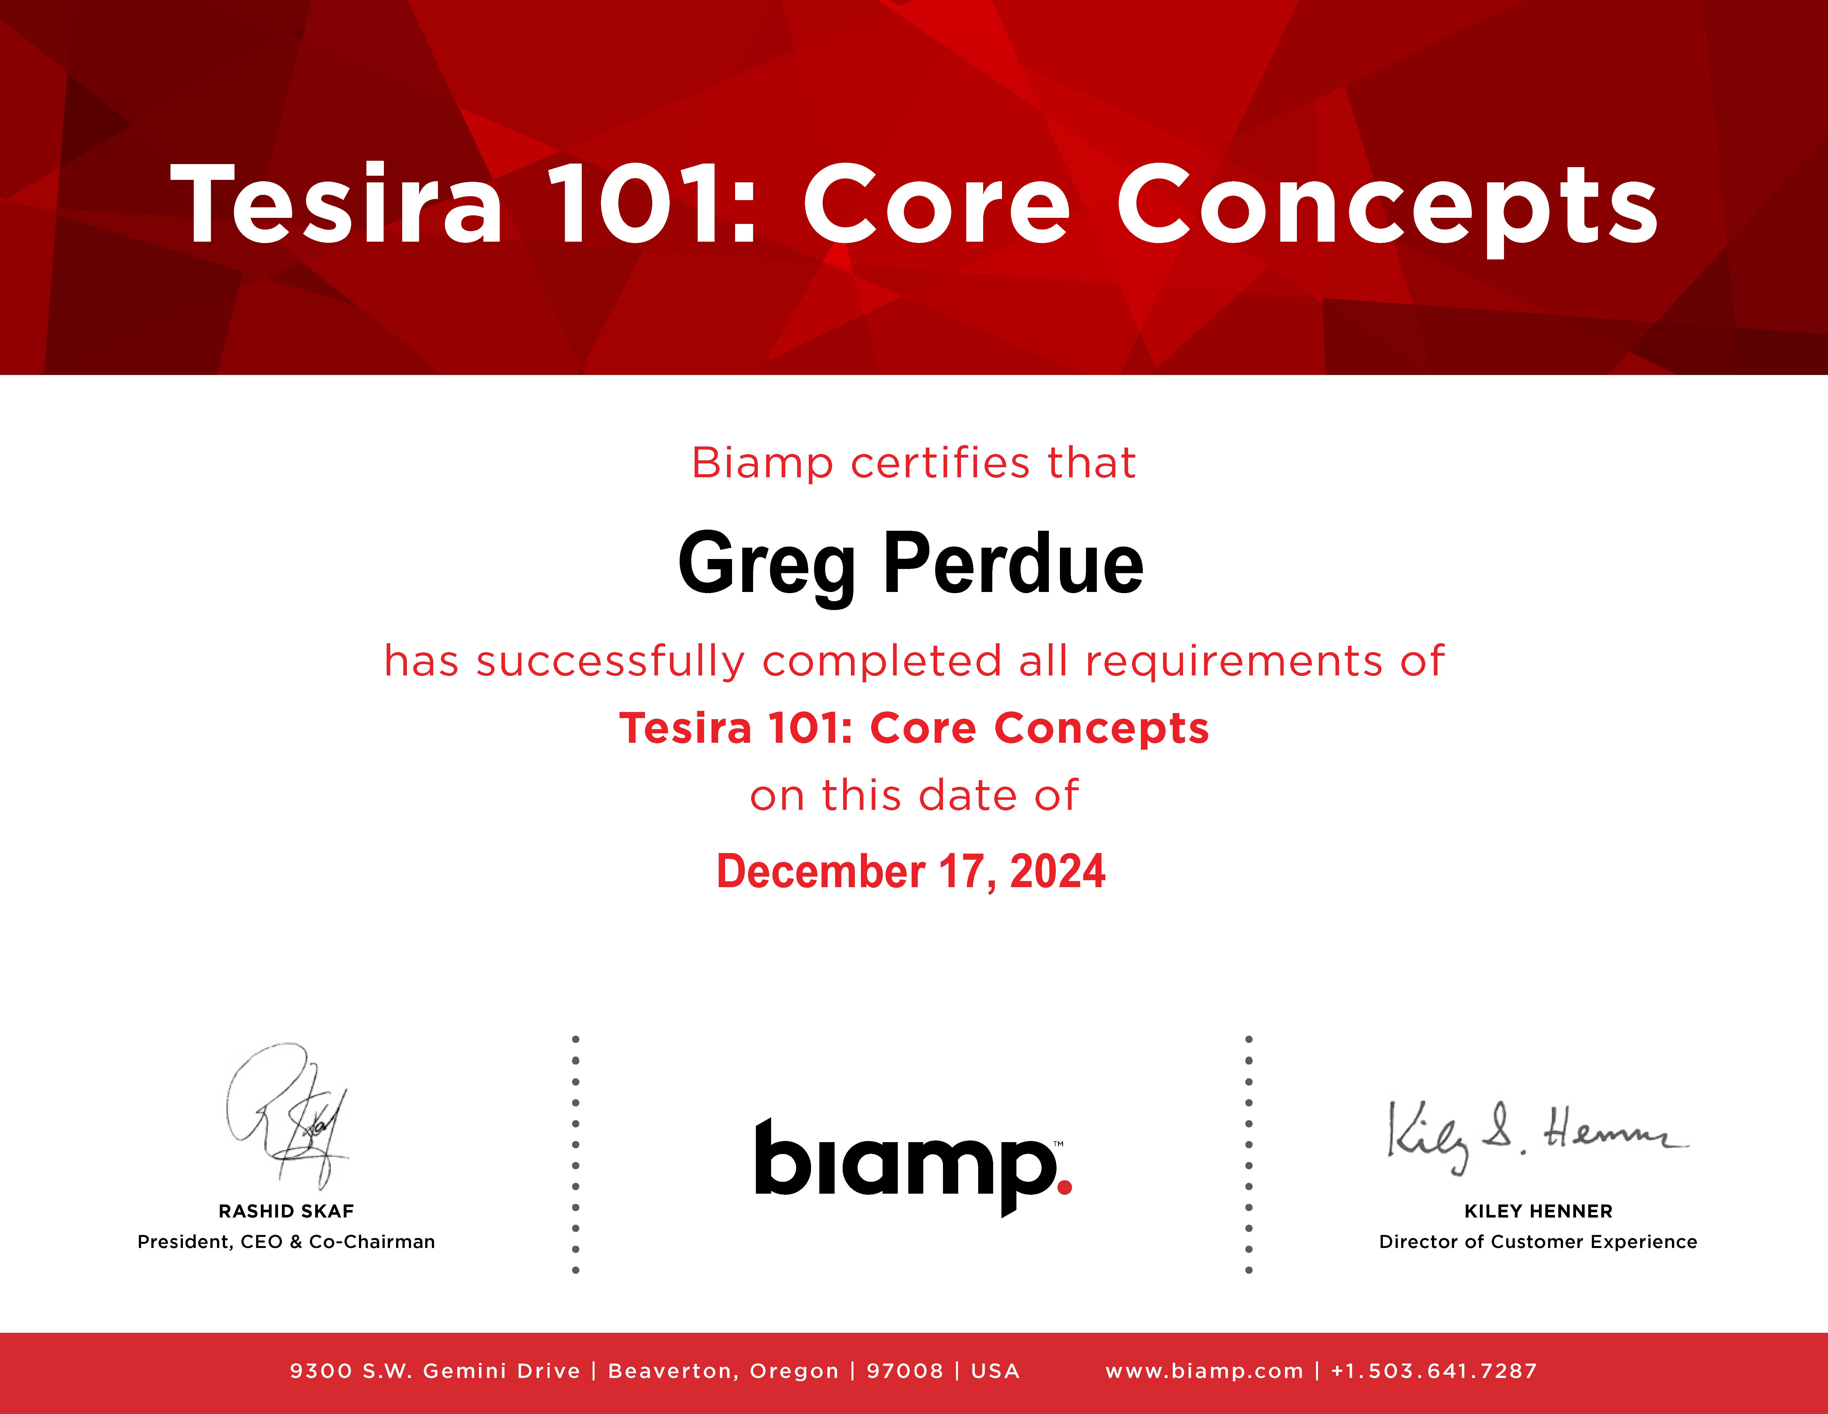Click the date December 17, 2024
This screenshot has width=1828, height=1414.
(x=911, y=872)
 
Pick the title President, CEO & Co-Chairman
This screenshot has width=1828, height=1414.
(x=286, y=1242)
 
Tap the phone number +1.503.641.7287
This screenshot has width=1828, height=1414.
(x=1434, y=1370)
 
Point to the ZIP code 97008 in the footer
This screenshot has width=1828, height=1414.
(x=905, y=1370)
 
